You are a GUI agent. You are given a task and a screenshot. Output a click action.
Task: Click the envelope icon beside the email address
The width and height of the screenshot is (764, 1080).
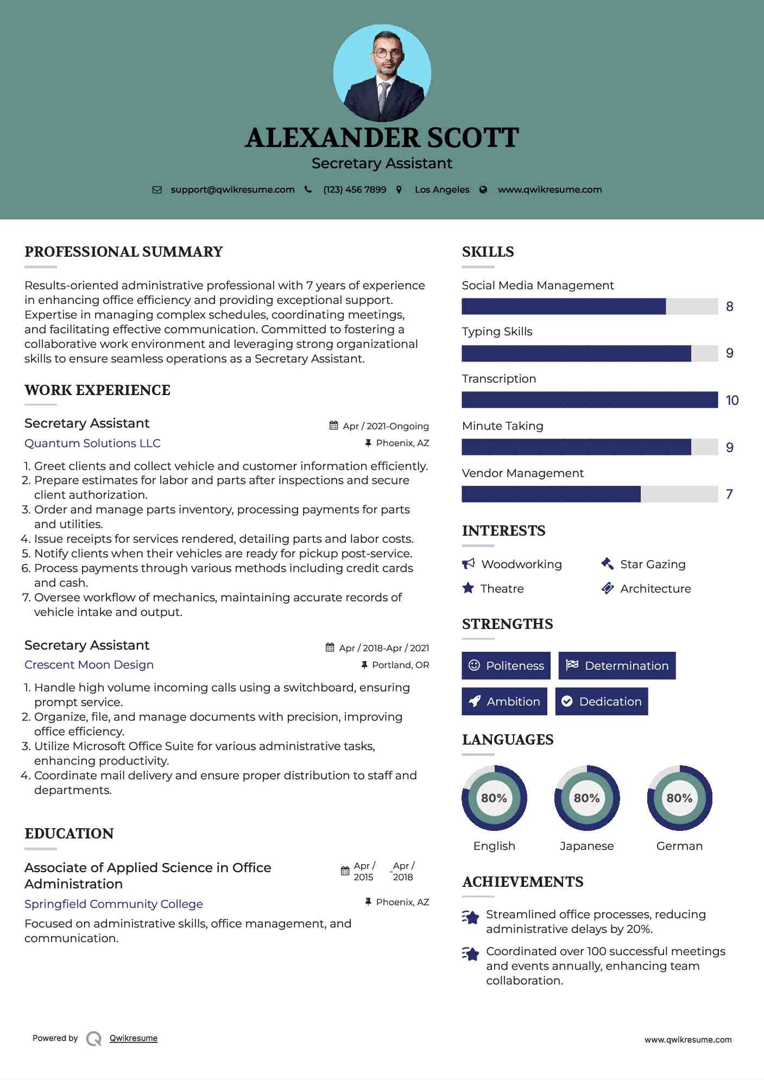(x=157, y=190)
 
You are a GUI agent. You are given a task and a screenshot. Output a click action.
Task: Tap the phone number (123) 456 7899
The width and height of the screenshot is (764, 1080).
(x=355, y=190)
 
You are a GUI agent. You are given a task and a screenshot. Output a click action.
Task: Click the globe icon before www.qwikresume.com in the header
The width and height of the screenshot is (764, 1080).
(x=483, y=190)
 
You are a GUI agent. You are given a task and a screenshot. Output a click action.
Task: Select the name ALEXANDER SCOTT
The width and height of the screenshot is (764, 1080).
(x=382, y=138)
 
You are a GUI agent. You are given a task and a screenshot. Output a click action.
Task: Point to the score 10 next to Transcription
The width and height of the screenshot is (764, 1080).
(x=731, y=401)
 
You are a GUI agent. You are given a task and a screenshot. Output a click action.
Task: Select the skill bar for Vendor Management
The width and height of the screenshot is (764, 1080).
(x=589, y=494)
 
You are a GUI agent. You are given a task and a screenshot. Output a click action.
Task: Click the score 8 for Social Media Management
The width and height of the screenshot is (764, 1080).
(x=729, y=307)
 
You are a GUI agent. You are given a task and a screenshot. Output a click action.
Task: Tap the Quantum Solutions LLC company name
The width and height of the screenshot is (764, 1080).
(x=92, y=443)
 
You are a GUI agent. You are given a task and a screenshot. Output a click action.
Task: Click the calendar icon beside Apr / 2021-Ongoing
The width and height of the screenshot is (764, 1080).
(x=333, y=426)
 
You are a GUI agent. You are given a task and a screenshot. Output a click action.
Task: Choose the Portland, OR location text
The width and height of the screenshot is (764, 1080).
(x=400, y=665)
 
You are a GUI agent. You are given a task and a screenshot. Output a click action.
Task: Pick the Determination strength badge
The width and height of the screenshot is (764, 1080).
(x=617, y=666)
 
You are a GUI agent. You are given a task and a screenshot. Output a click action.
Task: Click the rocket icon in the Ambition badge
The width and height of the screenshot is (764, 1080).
(x=475, y=702)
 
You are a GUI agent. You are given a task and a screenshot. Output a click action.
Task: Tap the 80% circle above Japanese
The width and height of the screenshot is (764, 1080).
(x=586, y=798)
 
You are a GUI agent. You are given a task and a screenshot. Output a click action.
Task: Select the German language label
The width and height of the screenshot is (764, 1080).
(x=679, y=846)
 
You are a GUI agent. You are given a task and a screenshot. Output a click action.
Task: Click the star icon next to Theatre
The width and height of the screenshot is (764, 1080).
(x=468, y=588)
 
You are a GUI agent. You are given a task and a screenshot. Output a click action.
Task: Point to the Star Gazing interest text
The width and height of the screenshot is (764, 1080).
(x=653, y=564)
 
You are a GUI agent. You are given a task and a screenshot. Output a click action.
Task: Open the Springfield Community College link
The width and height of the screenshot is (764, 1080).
(x=113, y=904)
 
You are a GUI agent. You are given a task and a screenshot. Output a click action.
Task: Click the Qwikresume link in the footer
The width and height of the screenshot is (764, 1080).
(x=134, y=1038)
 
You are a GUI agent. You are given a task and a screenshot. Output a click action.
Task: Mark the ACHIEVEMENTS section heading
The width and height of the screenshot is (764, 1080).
(x=522, y=882)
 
